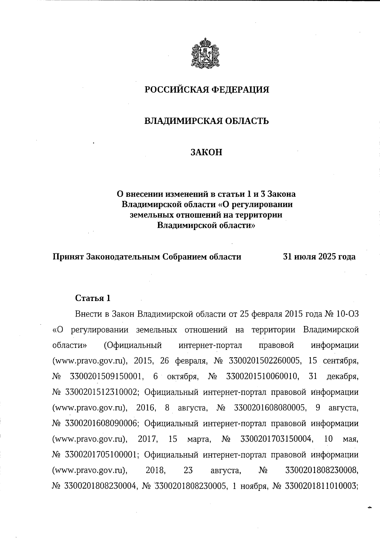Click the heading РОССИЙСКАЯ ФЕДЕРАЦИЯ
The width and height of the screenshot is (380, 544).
[207, 90]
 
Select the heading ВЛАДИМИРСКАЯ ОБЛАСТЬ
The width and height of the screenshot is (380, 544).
[206, 121]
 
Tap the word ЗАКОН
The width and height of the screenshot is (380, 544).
[206, 152]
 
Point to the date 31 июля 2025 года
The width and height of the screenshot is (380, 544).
[319, 257]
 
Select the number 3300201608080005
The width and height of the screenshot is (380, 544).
[270, 408]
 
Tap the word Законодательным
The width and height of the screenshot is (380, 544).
[123, 257]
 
